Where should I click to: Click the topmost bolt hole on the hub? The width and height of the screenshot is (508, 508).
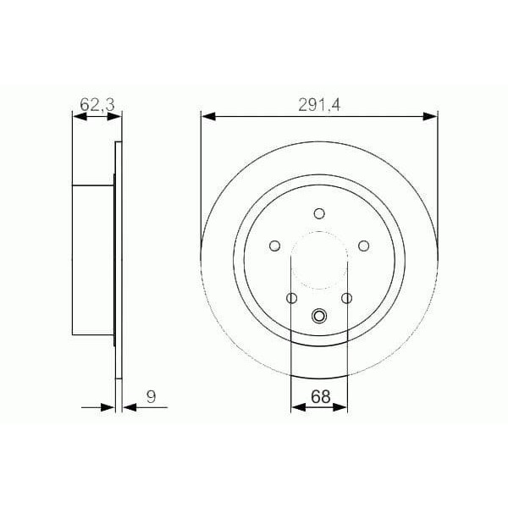tap(319, 213)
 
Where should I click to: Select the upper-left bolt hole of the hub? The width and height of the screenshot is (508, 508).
tap(274, 246)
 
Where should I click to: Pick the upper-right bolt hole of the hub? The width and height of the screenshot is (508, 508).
tap(364, 246)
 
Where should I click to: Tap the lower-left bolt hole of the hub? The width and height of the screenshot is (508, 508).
tap(292, 298)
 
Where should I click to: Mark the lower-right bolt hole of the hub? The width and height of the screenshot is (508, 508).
tap(346, 298)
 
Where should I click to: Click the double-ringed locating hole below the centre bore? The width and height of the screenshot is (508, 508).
tap(319, 317)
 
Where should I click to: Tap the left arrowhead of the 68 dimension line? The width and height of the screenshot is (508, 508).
tap(296, 407)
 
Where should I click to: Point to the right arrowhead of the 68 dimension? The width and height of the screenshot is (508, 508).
tap(342, 407)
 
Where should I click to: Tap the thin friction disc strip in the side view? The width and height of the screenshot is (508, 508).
tap(118, 262)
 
